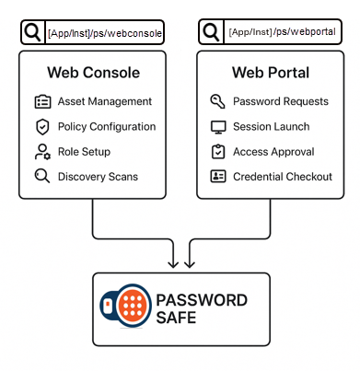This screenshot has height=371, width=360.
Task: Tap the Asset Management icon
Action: [x=41, y=102]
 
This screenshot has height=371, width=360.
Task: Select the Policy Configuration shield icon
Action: [x=41, y=127]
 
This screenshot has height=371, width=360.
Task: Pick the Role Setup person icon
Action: [x=41, y=152]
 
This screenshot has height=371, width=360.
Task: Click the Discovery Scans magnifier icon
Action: [x=41, y=176]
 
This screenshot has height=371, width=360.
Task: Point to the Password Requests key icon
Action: [x=218, y=102]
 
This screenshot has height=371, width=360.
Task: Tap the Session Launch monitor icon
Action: [x=218, y=127]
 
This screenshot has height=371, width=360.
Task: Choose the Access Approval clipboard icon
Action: [x=218, y=152]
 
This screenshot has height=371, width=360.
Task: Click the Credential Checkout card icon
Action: [x=218, y=176]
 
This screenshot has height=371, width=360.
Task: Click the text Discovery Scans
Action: [x=99, y=177]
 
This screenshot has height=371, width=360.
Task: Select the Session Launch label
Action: [x=272, y=127]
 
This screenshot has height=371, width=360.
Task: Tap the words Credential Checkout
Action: [x=283, y=177]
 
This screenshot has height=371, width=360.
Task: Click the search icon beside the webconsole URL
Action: [x=32, y=33]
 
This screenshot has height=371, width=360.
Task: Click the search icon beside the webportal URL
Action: [x=209, y=33]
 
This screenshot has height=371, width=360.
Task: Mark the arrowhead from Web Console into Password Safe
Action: [x=172, y=263]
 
